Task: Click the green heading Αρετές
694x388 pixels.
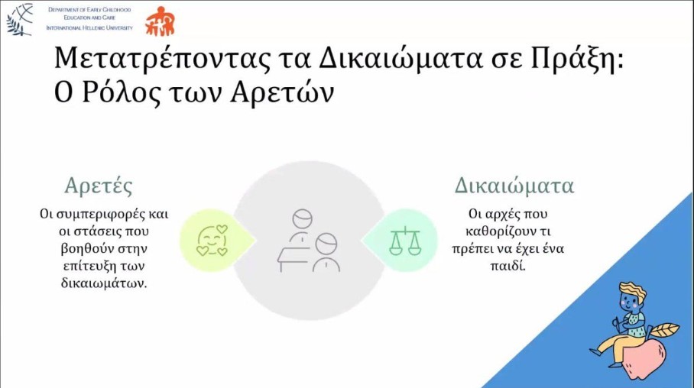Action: pos(99,186)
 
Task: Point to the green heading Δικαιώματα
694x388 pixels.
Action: pos(514,186)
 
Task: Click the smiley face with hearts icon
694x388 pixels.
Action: pos(212,241)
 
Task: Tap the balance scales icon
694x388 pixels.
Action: pos(405,241)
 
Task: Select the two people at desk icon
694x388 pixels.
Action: pos(309,241)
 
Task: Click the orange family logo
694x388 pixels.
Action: pos(161,21)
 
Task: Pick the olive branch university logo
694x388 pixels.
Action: pos(19,19)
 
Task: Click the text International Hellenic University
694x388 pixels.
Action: pos(89,27)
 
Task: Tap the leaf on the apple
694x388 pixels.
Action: pos(663,330)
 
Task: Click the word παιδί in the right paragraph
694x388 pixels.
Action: pos(508,266)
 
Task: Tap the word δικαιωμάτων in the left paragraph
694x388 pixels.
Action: pos(104,283)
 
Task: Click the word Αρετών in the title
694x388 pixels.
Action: pos(282,92)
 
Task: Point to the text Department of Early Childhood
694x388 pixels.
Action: pos(89,10)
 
